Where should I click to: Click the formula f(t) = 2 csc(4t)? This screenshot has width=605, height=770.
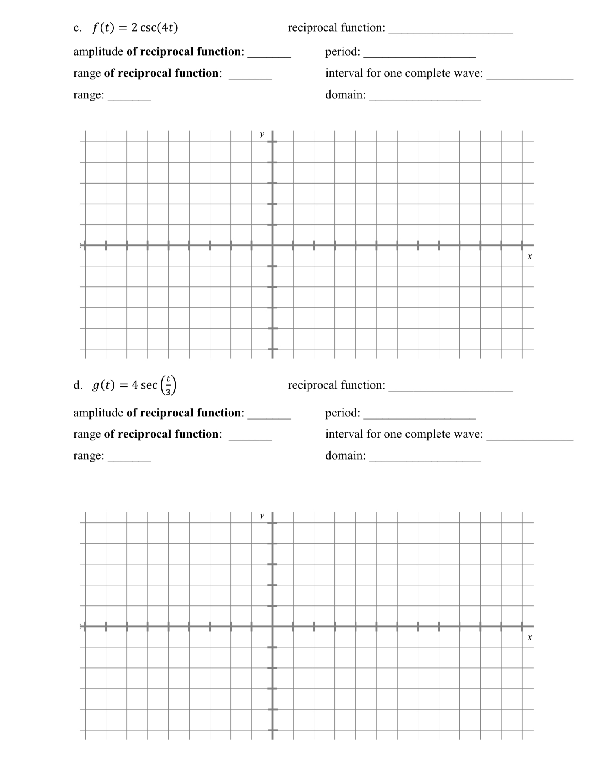pos(135,28)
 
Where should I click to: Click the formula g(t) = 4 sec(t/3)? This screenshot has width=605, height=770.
pos(134,385)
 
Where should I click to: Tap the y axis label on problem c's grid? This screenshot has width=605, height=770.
pos(262,134)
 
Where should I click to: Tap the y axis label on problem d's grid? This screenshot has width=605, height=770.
pos(262,516)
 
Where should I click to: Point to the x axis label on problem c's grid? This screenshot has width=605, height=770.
pos(530,256)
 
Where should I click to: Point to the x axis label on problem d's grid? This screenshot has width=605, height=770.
pos(530,637)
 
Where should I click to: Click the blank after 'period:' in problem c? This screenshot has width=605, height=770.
pos(419,54)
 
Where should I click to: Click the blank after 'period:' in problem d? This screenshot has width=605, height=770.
pos(419,415)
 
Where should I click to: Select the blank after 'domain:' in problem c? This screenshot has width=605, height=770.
pos(425,97)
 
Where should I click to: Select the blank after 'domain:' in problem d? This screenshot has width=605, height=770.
pos(425,458)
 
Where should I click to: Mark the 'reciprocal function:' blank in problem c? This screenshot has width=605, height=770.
pos(451,30)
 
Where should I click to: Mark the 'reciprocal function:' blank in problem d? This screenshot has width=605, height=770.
pos(451,388)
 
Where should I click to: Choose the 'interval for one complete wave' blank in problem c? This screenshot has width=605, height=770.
pos(530,76)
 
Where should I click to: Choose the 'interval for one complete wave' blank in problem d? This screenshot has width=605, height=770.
pos(530,436)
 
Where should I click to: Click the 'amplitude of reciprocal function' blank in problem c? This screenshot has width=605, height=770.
pos(269,54)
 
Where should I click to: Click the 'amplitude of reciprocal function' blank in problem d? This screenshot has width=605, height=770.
pos(269,415)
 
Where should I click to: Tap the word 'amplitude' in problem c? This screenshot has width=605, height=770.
pos(98,52)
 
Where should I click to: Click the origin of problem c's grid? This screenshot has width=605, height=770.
pos(272,245)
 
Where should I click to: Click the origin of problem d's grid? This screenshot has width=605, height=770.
pos(272,627)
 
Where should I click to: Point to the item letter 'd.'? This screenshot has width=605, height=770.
pos(78,385)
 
